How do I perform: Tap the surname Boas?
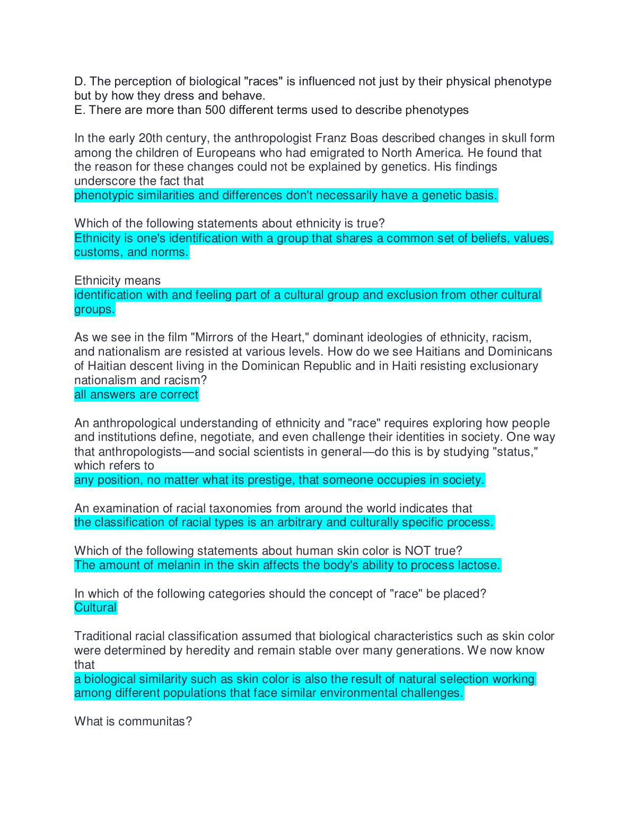click(364, 138)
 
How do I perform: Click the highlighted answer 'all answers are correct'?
click(136, 395)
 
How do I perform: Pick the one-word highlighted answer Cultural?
click(95, 608)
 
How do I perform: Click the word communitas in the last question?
click(152, 722)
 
